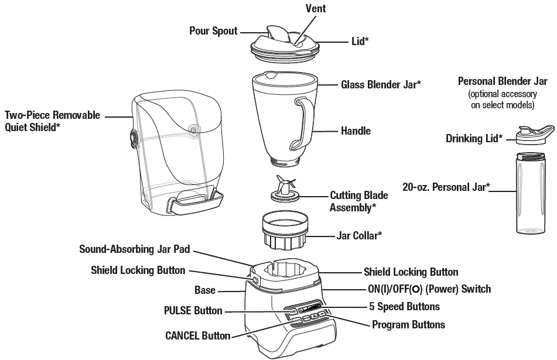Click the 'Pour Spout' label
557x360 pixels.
[213, 30]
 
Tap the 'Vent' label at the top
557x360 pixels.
[316, 9]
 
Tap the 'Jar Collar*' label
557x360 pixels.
[359, 235]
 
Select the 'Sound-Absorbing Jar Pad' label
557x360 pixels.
[135, 249]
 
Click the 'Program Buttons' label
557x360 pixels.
[408, 324]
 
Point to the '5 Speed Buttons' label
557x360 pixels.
[404, 306]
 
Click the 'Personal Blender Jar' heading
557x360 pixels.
[503, 81]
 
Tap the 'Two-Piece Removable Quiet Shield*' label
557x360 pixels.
[53, 121]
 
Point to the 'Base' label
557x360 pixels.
[205, 290]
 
